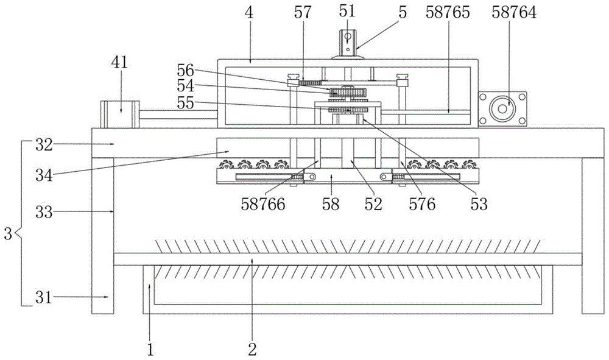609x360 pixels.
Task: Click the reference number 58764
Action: [514, 12]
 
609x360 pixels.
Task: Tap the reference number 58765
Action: [448, 12]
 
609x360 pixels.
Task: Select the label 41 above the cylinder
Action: [119, 62]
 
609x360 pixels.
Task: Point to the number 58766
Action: [263, 204]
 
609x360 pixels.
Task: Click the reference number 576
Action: [422, 204]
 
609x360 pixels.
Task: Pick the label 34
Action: [44, 175]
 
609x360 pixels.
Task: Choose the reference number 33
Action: [44, 212]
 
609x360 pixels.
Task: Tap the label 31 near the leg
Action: [43, 298]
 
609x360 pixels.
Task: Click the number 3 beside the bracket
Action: [8, 234]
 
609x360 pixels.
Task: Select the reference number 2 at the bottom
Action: [253, 350]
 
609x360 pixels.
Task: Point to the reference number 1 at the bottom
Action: [150, 350]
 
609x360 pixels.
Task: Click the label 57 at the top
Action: [303, 12]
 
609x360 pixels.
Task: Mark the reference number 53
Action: [479, 204]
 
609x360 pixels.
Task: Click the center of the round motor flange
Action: [502, 109]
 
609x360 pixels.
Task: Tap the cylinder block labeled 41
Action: [119, 114]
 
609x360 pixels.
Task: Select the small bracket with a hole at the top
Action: [348, 43]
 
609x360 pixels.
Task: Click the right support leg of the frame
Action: [593, 236]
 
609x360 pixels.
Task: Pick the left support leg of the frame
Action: [102, 236]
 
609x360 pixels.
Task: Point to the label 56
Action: [185, 70]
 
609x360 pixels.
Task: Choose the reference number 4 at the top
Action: [249, 12]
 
